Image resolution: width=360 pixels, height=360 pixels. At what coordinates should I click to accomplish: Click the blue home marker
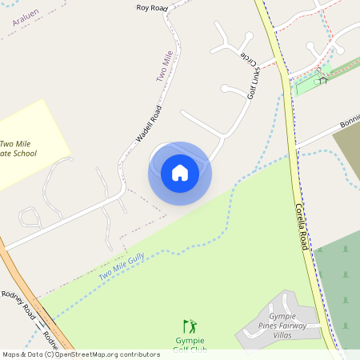179,173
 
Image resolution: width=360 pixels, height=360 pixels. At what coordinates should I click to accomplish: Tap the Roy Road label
151,8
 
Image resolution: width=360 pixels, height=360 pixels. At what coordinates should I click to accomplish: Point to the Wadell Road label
149,125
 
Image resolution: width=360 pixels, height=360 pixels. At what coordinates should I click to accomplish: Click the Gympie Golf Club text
190,345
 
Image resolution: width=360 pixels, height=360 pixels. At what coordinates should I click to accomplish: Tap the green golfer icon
190,326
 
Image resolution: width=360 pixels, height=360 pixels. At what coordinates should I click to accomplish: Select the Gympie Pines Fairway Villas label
288,322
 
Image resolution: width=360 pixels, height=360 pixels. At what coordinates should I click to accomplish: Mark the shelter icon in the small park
322,78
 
